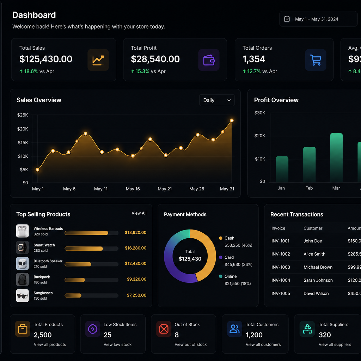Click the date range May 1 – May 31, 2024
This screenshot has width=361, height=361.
click(x=317, y=19)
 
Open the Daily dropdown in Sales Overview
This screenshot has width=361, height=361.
click(x=217, y=100)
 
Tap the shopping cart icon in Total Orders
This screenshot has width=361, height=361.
click(x=316, y=60)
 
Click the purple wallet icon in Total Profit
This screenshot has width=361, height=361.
click(x=209, y=60)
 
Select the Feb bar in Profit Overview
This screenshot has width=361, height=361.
click(x=309, y=164)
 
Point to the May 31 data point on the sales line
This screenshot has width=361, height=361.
click(x=232, y=121)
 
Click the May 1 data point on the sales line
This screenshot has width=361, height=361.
click(x=37, y=170)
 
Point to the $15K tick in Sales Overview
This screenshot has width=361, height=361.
click(x=23, y=143)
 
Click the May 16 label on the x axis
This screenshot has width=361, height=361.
click(x=133, y=189)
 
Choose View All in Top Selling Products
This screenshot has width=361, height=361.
click(x=139, y=213)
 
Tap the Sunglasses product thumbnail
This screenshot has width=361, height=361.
click(x=22, y=295)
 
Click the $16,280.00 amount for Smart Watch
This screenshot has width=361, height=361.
click(x=136, y=248)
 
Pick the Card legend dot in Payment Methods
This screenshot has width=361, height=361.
click(x=221, y=257)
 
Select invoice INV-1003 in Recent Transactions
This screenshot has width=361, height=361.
click(x=281, y=267)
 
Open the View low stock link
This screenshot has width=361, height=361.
click(x=117, y=344)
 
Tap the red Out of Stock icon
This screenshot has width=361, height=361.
click(x=164, y=329)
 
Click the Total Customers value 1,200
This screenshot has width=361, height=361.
click(x=254, y=335)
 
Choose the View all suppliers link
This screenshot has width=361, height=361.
click(x=335, y=344)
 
